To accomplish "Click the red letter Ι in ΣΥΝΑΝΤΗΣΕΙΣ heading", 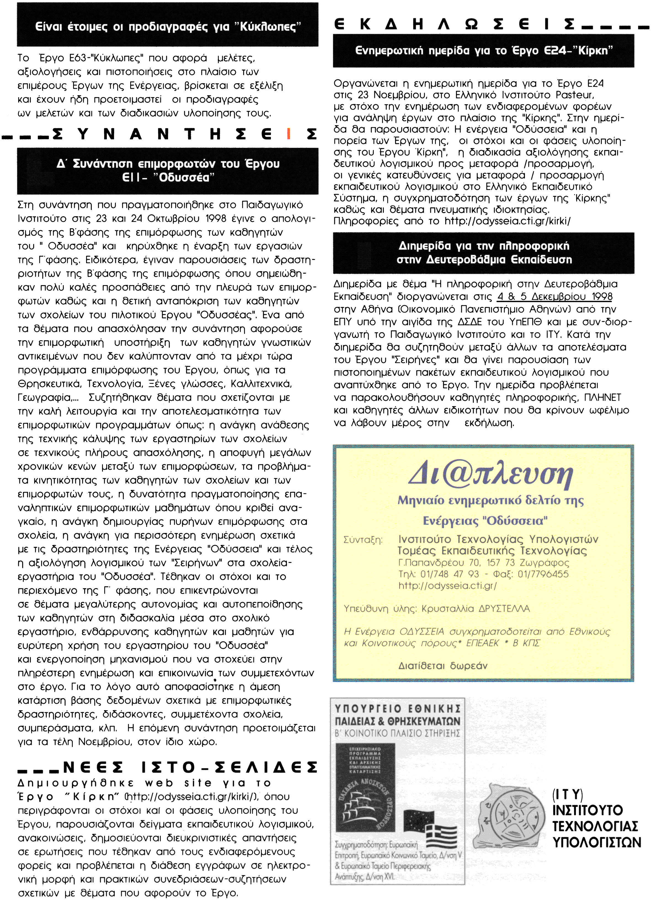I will pyautogui.click(x=289, y=134).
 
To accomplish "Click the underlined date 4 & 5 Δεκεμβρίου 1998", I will pyautogui.click(x=554, y=297).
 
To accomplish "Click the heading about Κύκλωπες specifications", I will pyautogui.click(x=168, y=27).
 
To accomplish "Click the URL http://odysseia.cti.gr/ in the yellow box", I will pyautogui.click(x=447, y=586).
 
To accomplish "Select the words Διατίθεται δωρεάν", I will pyautogui.click(x=443, y=666).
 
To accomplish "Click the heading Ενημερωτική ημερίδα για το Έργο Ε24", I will pyautogui.click(x=483, y=50).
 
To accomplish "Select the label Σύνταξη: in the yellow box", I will pyautogui.click(x=363, y=540).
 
